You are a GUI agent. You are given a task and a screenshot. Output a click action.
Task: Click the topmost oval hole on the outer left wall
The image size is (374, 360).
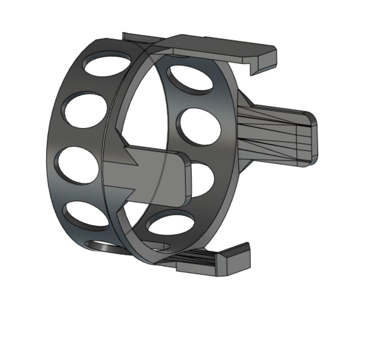[x=107, y=63]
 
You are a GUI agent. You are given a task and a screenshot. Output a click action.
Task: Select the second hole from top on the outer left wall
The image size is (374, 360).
[x=84, y=110]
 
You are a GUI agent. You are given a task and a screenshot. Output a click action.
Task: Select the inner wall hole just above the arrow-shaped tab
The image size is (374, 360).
[x=199, y=126]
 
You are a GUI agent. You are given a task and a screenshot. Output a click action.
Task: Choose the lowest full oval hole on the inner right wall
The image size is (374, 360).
[x=171, y=224]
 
